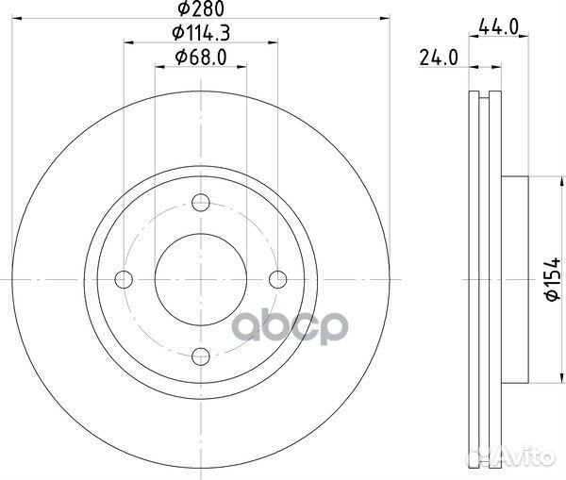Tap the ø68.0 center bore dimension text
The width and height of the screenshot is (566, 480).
coord(200,58)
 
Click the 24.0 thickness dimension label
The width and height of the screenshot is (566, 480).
coord(439,58)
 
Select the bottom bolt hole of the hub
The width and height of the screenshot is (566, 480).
coord(200,356)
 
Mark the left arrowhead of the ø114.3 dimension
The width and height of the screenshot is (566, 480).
coord(127,41)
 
